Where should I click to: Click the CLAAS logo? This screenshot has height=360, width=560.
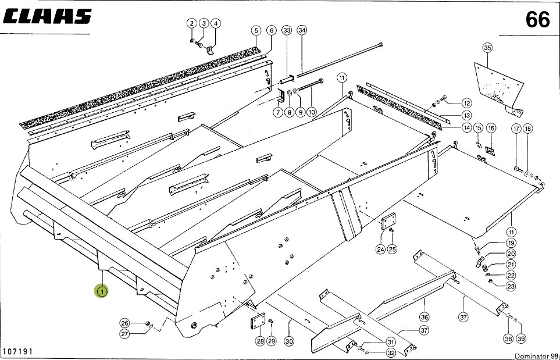pyautogui.click(x=48, y=17)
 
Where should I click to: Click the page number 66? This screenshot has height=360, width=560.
pyautogui.click(x=537, y=20)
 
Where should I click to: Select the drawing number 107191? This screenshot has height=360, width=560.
pyautogui.click(x=17, y=351)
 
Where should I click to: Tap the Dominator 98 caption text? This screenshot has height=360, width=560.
pyautogui.click(x=535, y=355)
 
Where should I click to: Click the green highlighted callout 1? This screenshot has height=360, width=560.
pyautogui.click(x=102, y=291)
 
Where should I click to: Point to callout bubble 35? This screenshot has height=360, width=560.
pyautogui.click(x=487, y=48)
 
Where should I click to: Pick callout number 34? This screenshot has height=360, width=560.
pyautogui.click(x=301, y=30)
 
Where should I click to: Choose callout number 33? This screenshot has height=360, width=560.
pyautogui.click(x=287, y=30)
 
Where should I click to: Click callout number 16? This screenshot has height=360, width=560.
pyautogui.click(x=491, y=128)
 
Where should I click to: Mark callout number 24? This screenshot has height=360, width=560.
pyautogui.click(x=380, y=249)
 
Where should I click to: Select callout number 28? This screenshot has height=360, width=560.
pyautogui.click(x=259, y=341)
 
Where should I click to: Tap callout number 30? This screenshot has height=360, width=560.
pyautogui.click(x=289, y=341)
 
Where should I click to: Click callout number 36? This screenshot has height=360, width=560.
pyautogui.click(x=425, y=317)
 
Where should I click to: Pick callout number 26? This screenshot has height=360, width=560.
pyautogui.click(x=124, y=323)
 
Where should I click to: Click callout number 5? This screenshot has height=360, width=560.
pyautogui.click(x=256, y=30)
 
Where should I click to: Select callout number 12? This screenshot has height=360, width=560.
pyautogui.click(x=467, y=103)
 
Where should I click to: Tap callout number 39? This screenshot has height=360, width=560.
pyautogui.click(x=520, y=339)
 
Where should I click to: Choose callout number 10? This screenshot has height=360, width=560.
pyautogui.click(x=312, y=112)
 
